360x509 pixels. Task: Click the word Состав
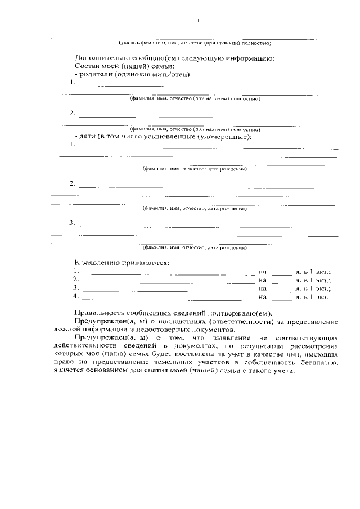pyautogui.click(x=88, y=66)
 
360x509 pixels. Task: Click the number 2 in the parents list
pyautogui.click(x=72, y=113)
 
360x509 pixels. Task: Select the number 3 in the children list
pyautogui.click(x=72, y=223)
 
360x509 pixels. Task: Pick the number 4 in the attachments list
pyautogui.click(x=76, y=295)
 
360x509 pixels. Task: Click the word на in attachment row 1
pyautogui.click(x=262, y=271)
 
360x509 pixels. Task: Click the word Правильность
pyautogui.click(x=103, y=313)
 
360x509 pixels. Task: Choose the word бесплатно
pyautogui.click(x=320, y=363)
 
